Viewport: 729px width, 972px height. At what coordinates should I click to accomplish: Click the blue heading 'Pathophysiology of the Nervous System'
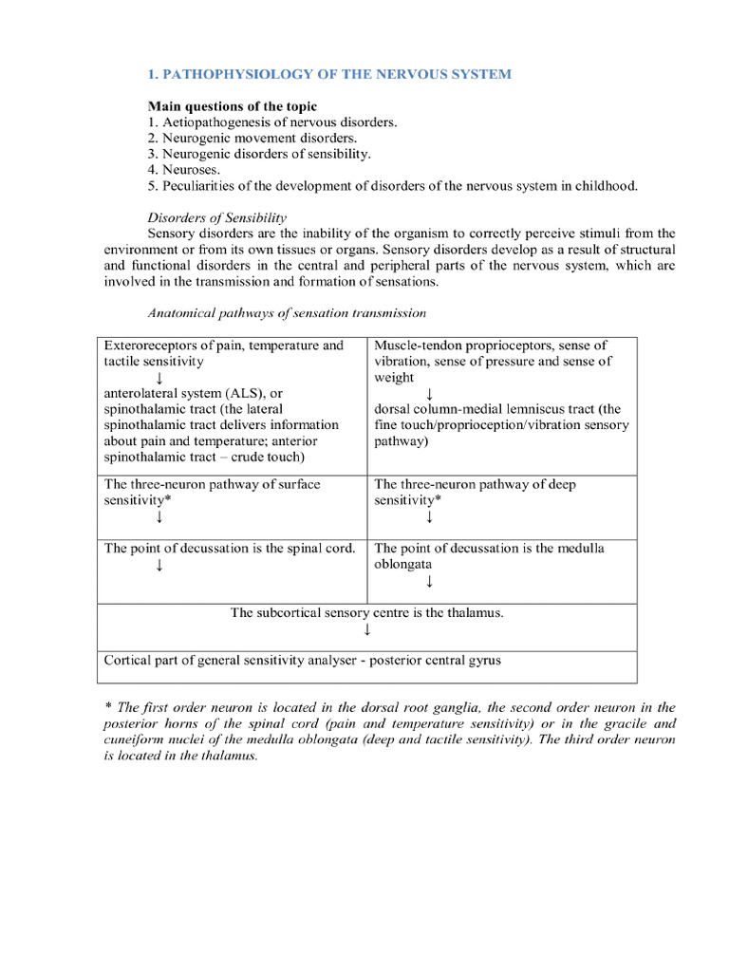[x=328, y=74]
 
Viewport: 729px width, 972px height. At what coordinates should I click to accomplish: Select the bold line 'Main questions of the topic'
[x=233, y=106]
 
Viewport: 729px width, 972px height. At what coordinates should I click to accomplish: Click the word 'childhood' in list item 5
[x=608, y=186]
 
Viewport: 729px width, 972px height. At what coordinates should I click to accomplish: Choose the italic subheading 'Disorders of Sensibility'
[x=216, y=217]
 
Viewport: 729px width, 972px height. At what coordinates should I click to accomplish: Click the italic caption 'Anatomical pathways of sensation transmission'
[x=287, y=312]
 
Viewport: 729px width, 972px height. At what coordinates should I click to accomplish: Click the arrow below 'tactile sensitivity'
[x=159, y=378]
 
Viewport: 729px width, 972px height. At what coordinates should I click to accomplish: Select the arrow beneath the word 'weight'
[x=429, y=393]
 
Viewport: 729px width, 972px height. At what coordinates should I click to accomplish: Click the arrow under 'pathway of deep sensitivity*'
[x=429, y=516]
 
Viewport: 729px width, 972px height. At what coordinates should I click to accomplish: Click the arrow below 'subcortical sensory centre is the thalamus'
[x=366, y=629]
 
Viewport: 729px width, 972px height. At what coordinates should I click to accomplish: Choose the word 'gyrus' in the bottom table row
[x=481, y=660]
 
